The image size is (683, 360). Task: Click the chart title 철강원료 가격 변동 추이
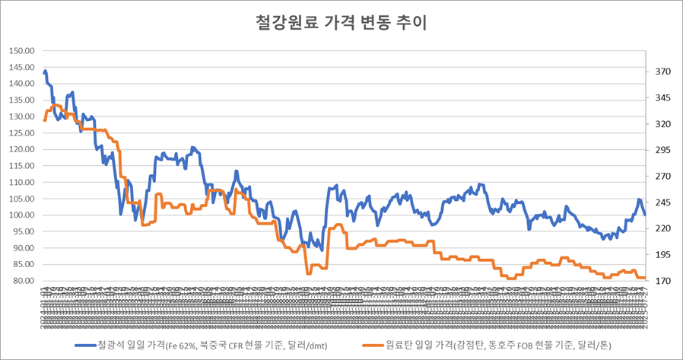(x=341, y=22)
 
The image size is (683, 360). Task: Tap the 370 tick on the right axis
(x=661, y=72)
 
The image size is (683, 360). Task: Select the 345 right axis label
(x=661, y=98)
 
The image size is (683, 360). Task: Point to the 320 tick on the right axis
(x=661, y=124)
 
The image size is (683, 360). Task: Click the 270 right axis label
(x=661, y=177)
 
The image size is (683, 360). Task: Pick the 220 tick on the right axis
(x=661, y=228)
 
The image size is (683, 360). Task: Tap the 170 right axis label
(x=661, y=281)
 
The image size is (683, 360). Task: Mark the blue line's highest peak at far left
(x=46, y=72)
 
